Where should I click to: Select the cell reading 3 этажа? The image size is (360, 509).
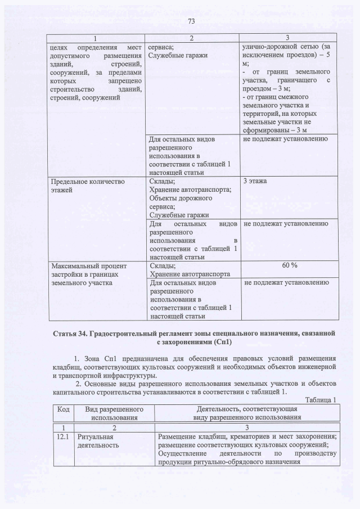tap(254, 182)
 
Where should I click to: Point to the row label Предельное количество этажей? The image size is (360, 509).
tap(87, 186)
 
